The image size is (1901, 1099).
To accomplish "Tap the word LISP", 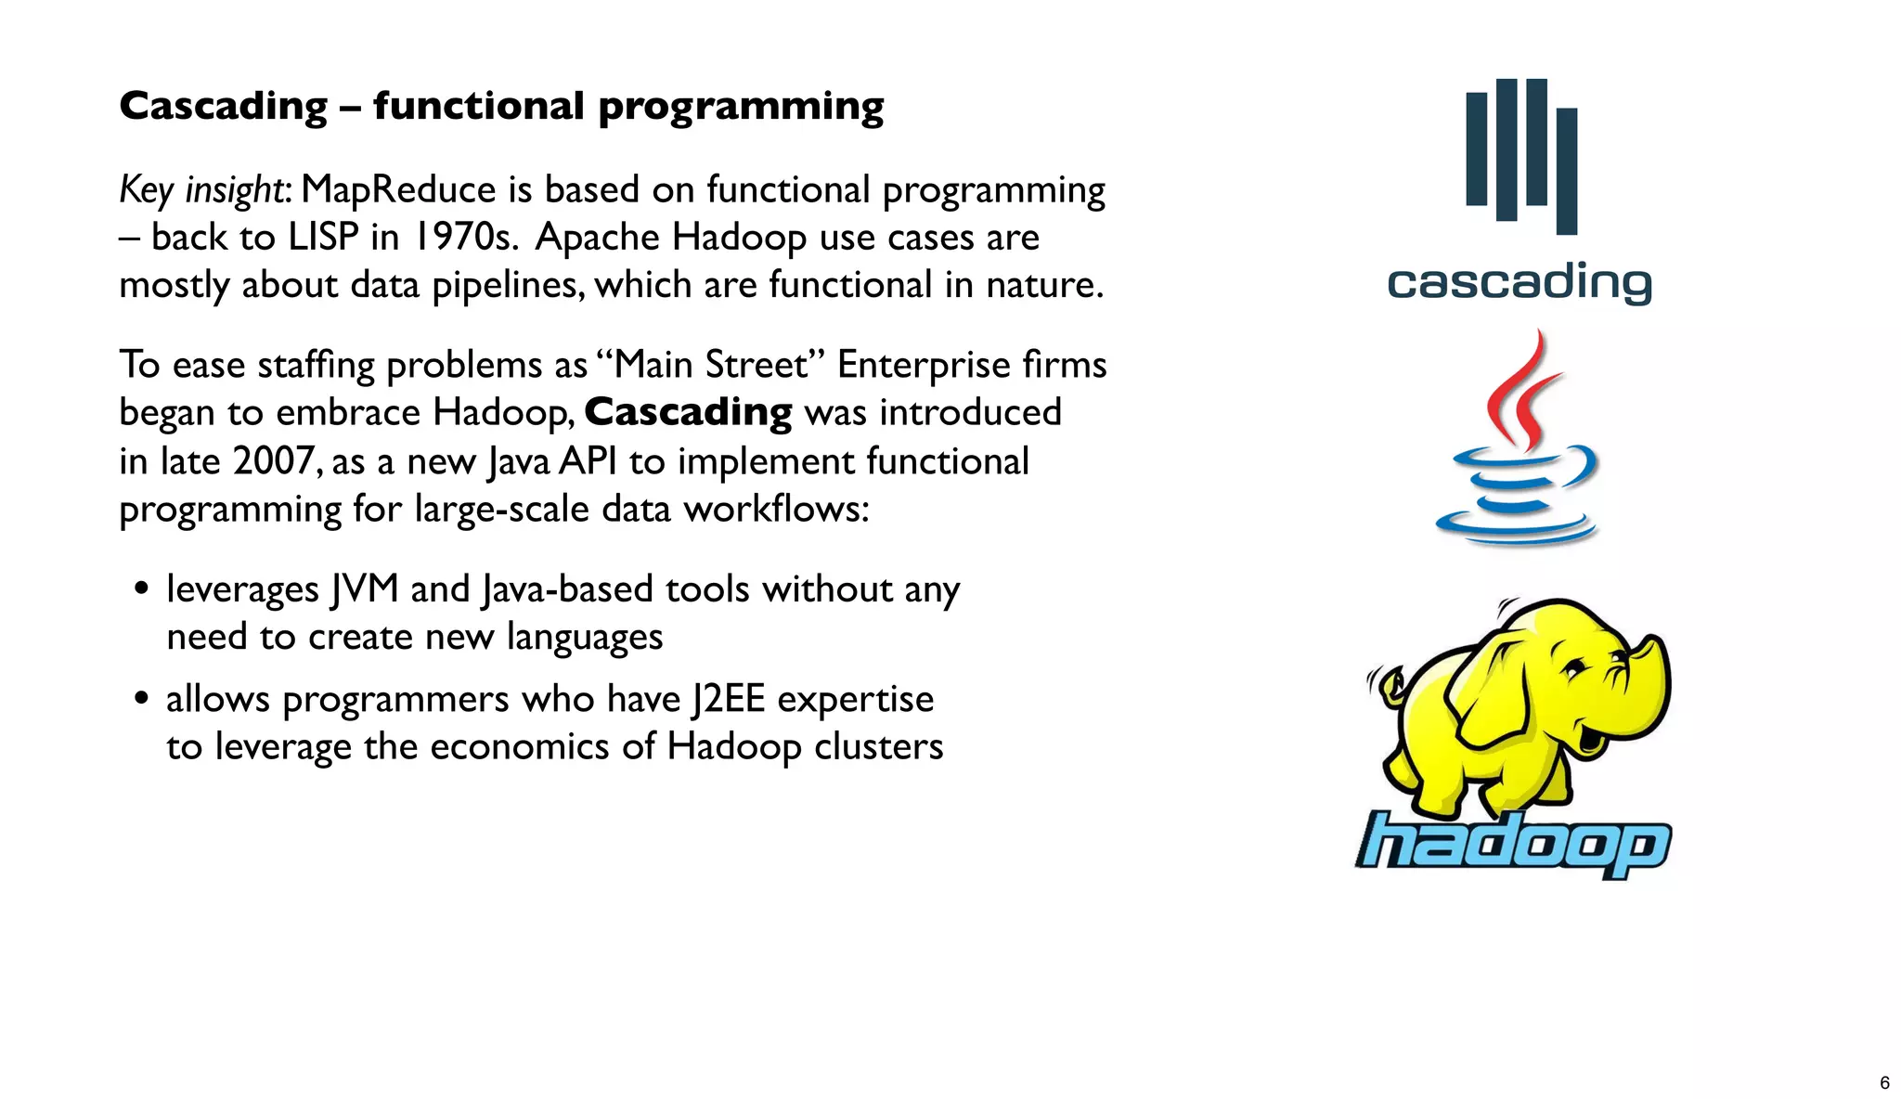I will tap(322, 238).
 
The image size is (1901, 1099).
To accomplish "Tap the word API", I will tap(588, 461).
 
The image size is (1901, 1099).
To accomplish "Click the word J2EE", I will tap(728, 699).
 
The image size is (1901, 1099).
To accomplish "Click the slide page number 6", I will tap(1884, 1082).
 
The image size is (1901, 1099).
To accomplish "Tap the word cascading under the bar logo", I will tap(1519, 282).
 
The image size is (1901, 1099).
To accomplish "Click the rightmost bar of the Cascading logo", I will tap(1567, 171).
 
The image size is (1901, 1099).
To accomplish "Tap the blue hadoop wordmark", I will tap(1513, 843).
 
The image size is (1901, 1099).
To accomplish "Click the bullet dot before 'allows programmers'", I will tap(141, 698).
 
